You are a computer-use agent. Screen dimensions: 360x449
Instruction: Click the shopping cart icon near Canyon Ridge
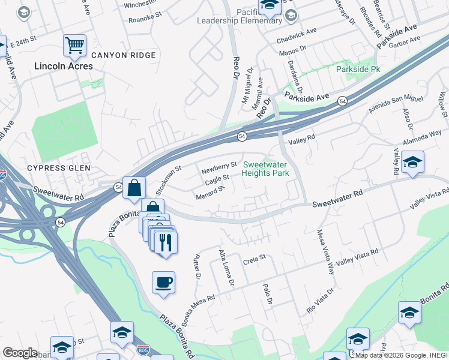pyautogui.click(x=74, y=44)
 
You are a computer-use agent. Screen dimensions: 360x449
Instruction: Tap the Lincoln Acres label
pyautogui.click(x=64, y=66)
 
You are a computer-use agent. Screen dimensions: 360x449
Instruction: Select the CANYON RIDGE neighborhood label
pyautogui.click(x=126, y=55)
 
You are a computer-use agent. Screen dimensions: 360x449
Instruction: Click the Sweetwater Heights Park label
pyautogui.click(x=265, y=169)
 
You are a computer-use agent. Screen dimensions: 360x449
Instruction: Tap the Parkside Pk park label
pyautogui.click(x=358, y=70)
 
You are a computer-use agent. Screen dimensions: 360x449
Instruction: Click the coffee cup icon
pyautogui.click(x=163, y=282)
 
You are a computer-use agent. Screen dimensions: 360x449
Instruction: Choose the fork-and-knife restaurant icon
pyautogui.click(x=166, y=242)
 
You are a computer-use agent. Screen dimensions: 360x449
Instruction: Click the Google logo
pyautogui.click(x=20, y=353)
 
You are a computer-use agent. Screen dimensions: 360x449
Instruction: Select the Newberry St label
pyautogui.click(x=219, y=166)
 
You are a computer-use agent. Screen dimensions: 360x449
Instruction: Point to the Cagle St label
pyautogui.click(x=217, y=178)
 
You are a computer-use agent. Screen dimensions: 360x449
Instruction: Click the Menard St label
pyautogui.click(x=209, y=193)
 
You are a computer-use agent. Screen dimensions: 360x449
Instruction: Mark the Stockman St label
pyautogui.click(x=169, y=178)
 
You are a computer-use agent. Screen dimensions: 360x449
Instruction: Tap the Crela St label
pyautogui.click(x=254, y=262)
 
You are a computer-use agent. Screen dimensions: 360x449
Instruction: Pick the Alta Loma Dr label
pyautogui.click(x=226, y=267)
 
